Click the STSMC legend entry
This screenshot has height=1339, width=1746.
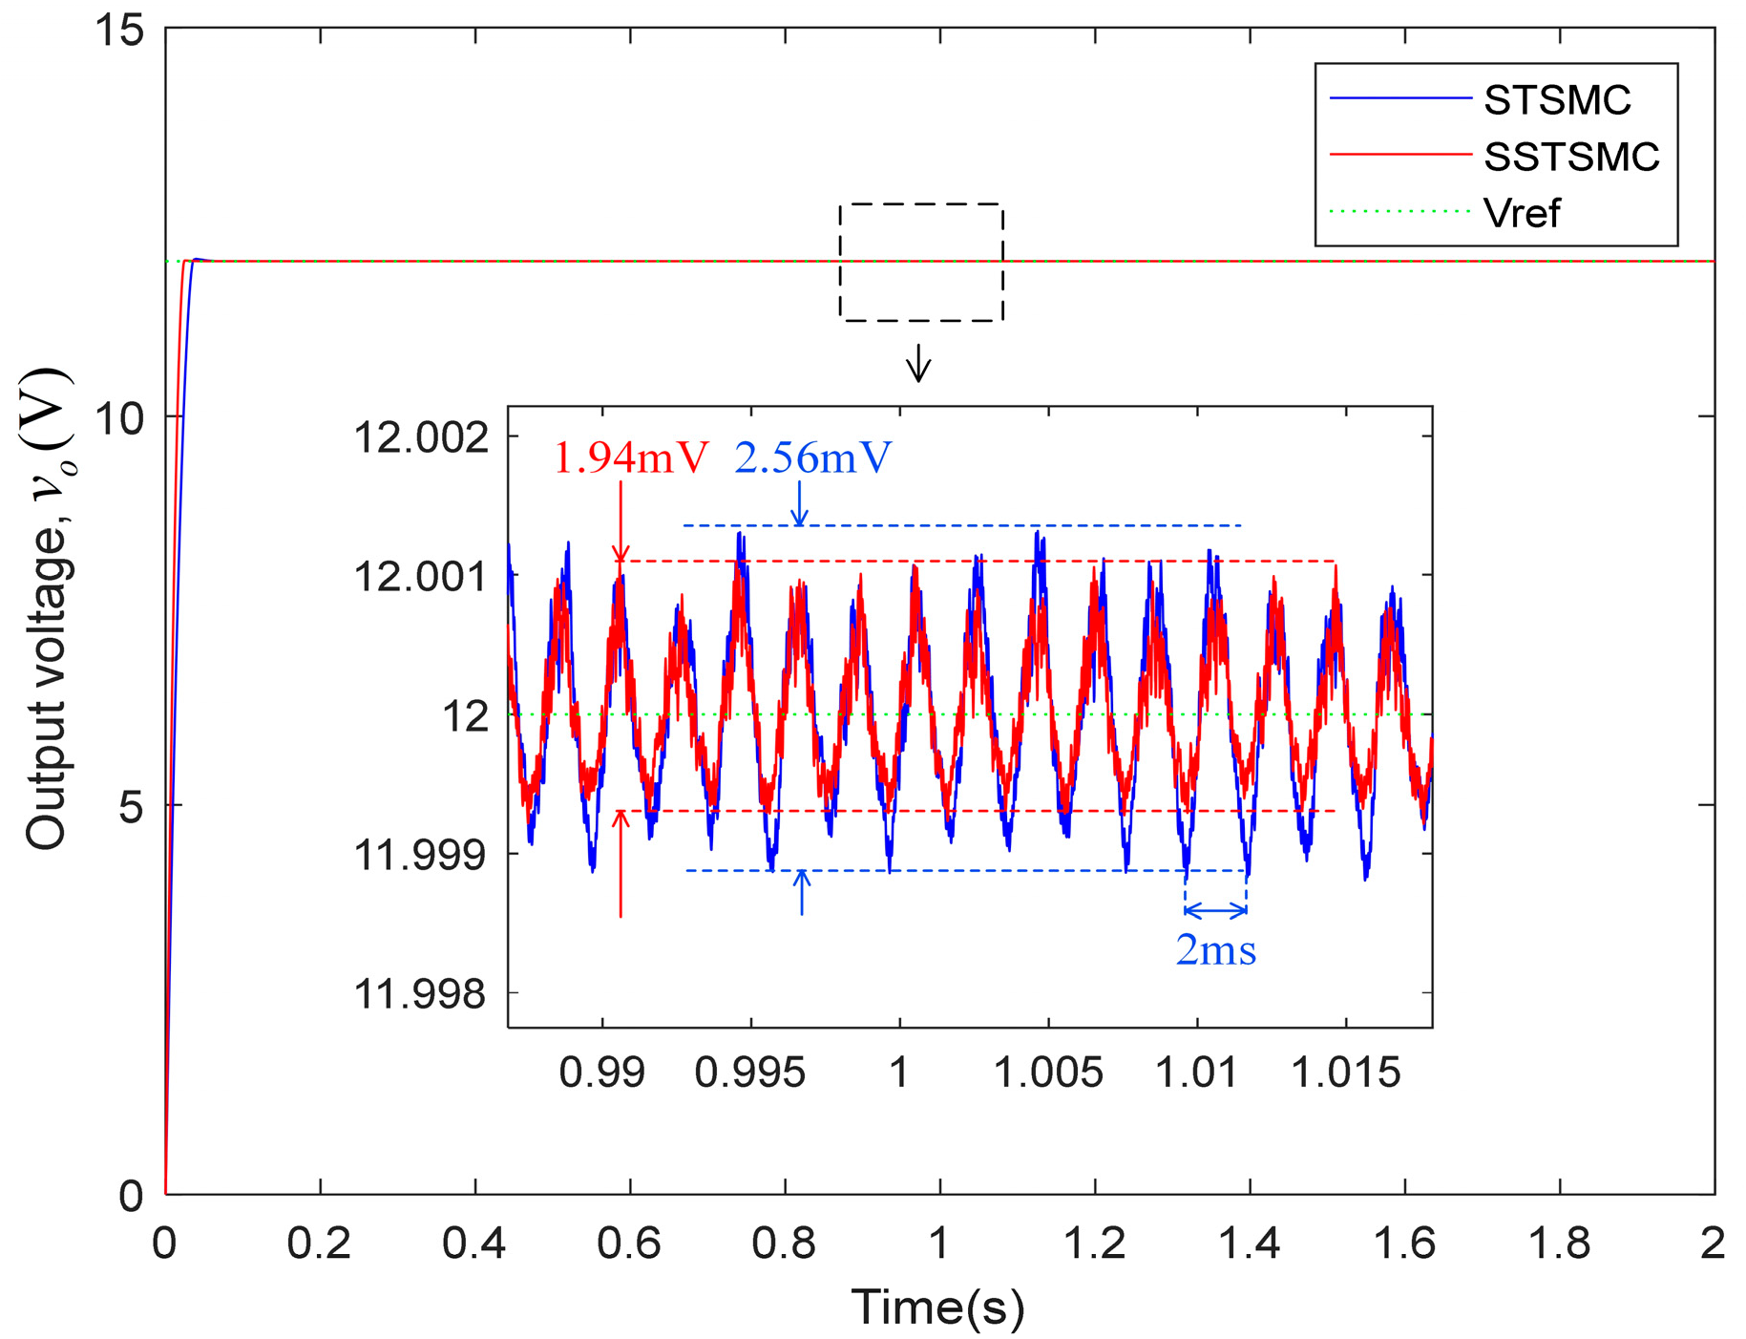[1556, 100]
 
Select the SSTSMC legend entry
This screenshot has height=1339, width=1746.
[1570, 157]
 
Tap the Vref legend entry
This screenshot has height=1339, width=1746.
[1521, 213]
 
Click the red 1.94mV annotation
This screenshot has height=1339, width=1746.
[631, 458]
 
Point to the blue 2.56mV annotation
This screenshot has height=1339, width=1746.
[812, 458]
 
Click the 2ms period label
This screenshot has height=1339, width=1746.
[1215, 950]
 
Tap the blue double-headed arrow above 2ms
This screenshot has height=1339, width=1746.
[1215, 910]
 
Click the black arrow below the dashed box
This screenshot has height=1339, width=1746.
[918, 363]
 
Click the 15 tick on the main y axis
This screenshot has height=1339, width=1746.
[118, 31]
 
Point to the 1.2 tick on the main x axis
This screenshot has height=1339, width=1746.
[1095, 1243]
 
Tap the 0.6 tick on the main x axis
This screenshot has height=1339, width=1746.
[630, 1243]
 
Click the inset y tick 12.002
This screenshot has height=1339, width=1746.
[421, 438]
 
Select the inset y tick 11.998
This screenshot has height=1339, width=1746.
[421, 994]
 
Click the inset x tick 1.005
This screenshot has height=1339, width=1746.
[1048, 1073]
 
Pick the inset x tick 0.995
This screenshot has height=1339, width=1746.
[750, 1073]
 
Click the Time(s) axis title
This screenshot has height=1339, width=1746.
[937, 1307]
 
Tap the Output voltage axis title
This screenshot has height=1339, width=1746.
[47, 609]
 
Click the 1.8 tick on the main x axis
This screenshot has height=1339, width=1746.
[1560, 1243]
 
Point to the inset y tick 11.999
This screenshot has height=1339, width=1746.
[421, 855]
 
